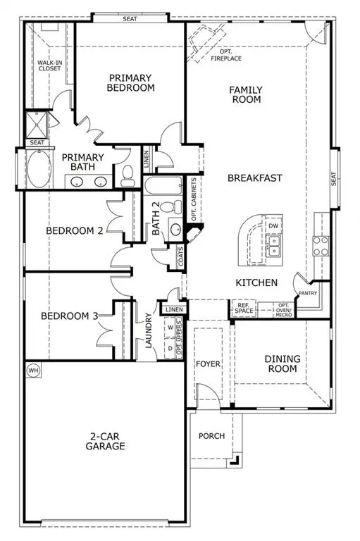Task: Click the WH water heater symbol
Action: pos(32,370)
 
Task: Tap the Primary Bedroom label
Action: pos(130,82)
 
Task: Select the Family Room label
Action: pos(246,94)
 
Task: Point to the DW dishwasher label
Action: pos(273,226)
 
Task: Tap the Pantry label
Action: pos(306,292)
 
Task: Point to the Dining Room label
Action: pos(282,364)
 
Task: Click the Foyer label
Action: pos(209,364)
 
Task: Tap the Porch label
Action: pos(211,436)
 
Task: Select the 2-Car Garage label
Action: pos(107,441)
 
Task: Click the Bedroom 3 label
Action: pos(69,316)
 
